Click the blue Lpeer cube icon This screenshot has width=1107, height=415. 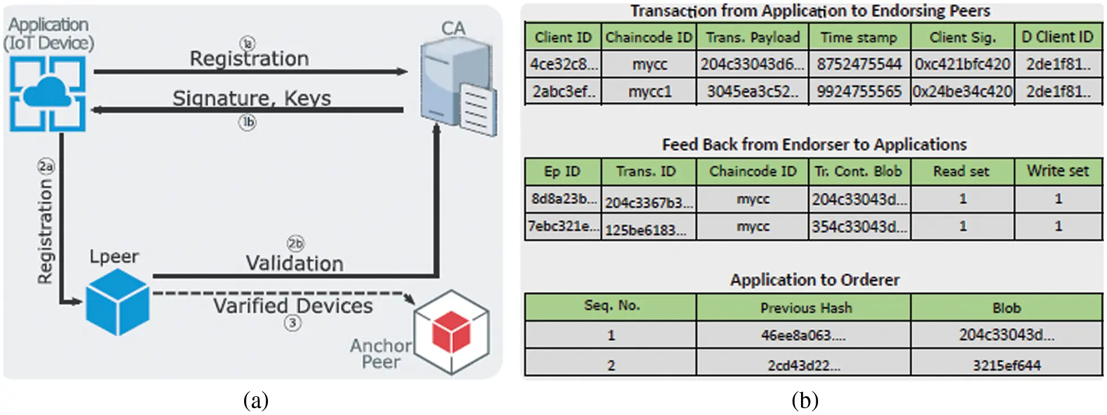tap(118, 301)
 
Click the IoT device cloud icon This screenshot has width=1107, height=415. tap(48, 93)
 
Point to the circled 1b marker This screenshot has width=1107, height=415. tap(247, 122)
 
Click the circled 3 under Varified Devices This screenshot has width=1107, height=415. tap(292, 324)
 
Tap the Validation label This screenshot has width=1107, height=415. tap(294, 263)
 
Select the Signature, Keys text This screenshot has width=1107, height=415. tap(251, 98)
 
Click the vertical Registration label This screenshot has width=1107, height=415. tap(45, 231)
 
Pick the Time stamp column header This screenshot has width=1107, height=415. tap(859, 37)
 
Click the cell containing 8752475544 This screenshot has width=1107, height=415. tap(859, 64)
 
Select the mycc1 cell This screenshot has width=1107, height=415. tap(649, 91)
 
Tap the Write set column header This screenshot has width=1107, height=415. tap(1058, 171)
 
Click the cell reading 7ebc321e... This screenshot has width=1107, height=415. tap(563, 226)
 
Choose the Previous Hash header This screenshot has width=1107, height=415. tap(806, 308)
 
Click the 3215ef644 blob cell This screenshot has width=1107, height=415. tap(1007, 365)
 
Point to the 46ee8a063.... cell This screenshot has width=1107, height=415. tap(803, 336)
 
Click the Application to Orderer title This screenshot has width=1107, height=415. tap(814, 280)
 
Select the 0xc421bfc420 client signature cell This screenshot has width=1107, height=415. tap(962, 64)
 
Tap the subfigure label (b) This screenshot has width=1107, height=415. tap(804, 401)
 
